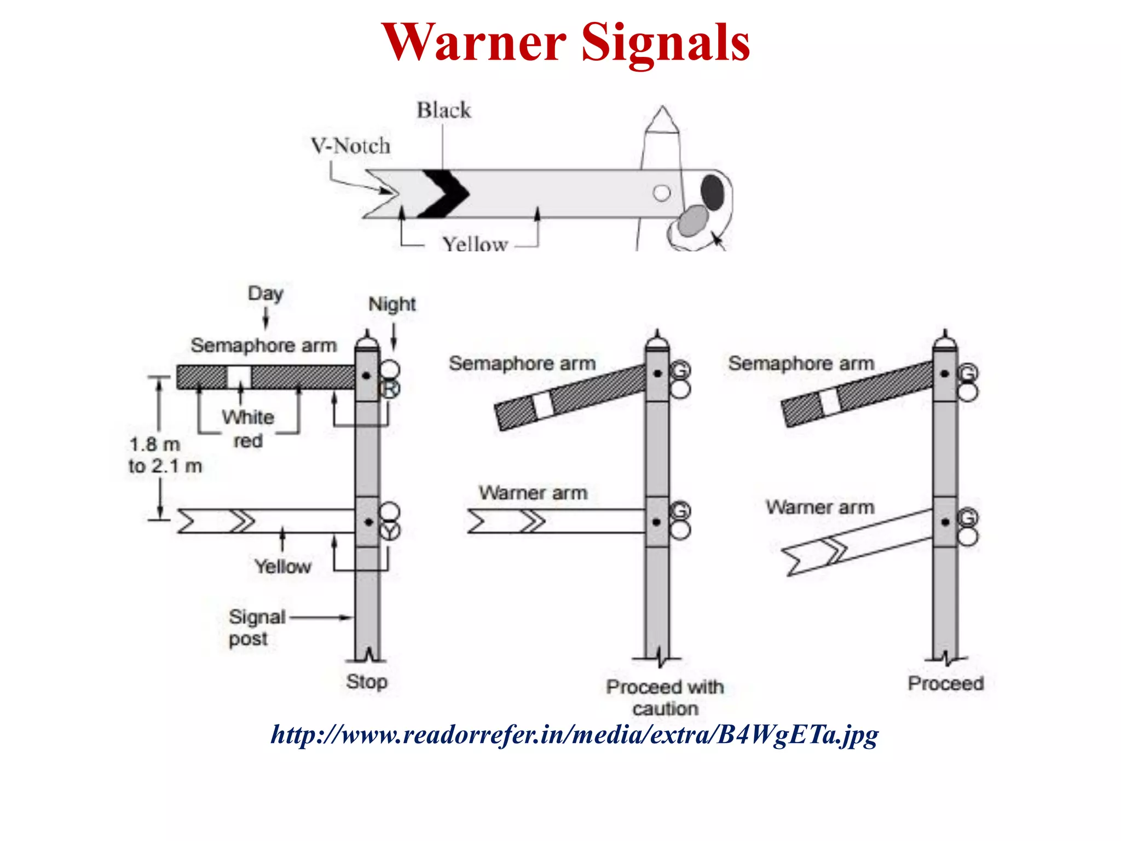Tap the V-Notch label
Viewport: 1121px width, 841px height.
(351, 146)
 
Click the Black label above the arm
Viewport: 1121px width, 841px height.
(443, 110)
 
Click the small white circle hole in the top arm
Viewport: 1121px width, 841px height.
(662, 193)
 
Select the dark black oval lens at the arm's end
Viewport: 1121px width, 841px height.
(712, 192)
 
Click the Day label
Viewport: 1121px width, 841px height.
(265, 293)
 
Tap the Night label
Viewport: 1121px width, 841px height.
(392, 304)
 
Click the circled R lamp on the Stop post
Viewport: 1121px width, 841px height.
(390, 389)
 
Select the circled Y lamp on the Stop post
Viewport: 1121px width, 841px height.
(390, 531)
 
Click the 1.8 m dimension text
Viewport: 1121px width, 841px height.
(155, 444)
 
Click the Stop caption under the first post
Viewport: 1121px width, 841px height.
(367, 682)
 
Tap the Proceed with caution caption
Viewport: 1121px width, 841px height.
(665, 697)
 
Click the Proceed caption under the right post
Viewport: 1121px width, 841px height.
(945, 683)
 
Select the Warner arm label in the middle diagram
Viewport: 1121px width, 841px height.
(533, 493)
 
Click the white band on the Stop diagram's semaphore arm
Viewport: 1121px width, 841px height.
(239, 377)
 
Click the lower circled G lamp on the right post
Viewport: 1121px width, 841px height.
(967, 517)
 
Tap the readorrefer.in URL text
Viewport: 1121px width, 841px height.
(574, 734)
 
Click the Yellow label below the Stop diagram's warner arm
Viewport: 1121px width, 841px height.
(282, 566)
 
